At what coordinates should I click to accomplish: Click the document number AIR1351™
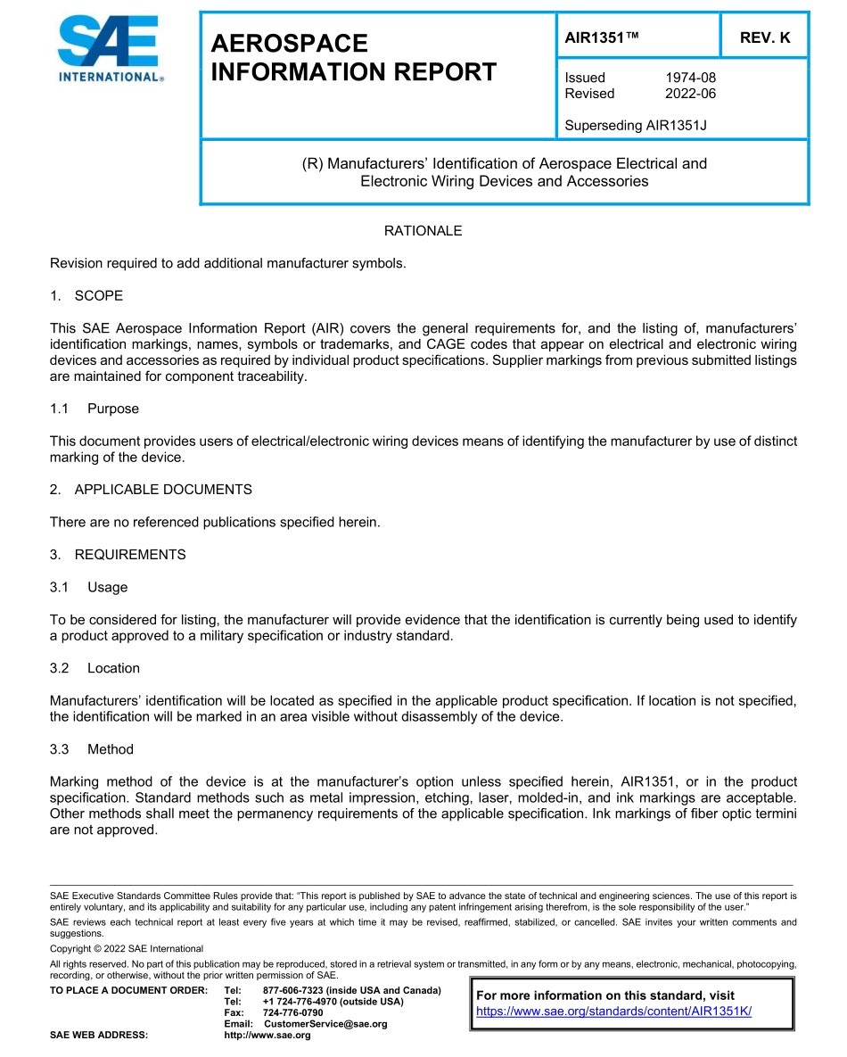(603, 37)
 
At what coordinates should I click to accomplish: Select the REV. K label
(764, 37)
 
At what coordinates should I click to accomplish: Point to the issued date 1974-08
(690, 78)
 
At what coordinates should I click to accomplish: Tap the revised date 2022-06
(690, 94)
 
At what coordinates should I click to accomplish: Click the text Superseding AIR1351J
(635, 126)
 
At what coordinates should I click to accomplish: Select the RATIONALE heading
(423, 231)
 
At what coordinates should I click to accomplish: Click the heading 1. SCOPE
(86, 295)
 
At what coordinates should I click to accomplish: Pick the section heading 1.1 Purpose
(95, 409)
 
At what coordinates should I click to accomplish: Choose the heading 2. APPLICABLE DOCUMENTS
(151, 490)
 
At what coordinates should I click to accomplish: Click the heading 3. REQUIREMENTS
(118, 555)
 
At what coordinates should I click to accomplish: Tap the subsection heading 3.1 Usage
(89, 587)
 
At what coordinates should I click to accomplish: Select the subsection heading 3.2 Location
(95, 668)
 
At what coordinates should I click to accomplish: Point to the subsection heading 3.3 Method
(92, 749)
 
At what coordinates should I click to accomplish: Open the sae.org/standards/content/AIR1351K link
(614, 1012)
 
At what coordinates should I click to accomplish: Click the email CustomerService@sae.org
(325, 1024)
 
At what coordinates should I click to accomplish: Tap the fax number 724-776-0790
(293, 1013)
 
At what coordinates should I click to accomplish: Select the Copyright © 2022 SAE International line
(127, 948)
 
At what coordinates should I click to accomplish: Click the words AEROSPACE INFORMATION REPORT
(353, 58)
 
